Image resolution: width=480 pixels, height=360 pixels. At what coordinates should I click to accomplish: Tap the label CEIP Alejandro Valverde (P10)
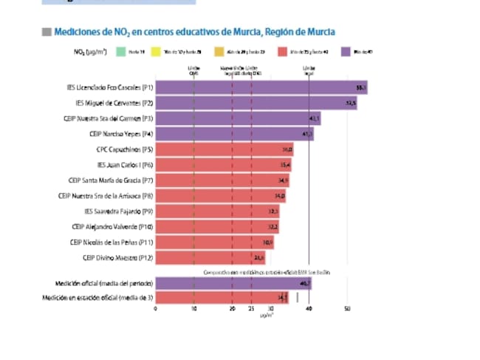click(x=112, y=227)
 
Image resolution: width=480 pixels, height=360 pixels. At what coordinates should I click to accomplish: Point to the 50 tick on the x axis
click(x=347, y=309)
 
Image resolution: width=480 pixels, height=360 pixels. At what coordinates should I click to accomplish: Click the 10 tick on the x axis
click(x=193, y=309)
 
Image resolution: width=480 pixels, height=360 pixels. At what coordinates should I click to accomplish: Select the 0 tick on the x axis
click(x=155, y=309)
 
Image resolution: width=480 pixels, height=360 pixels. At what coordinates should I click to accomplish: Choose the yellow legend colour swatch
click(x=157, y=51)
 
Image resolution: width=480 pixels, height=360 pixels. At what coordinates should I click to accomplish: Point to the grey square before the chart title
click(x=47, y=33)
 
